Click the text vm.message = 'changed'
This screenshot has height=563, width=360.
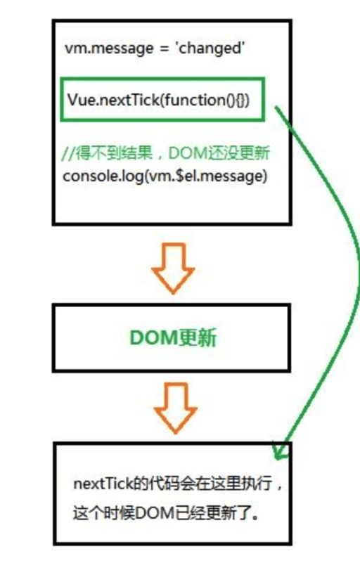pyautogui.click(x=155, y=48)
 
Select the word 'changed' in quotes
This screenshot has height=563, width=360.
pyautogui.click(x=210, y=48)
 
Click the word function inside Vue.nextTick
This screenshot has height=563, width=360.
pyautogui.click(x=195, y=100)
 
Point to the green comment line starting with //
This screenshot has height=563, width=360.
pyautogui.click(x=166, y=153)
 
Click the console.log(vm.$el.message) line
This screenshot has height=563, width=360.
pyautogui.click(x=165, y=176)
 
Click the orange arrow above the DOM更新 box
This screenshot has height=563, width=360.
pyautogui.click(x=173, y=268)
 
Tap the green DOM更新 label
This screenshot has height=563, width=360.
pyautogui.click(x=173, y=338)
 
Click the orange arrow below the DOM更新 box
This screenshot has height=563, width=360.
pyautogui.click(x=175, y=408)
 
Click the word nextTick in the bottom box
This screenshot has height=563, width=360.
pyautogui.click(x=103, y=484)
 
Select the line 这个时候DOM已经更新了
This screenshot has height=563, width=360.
pyautogui.click(x=166, y=512)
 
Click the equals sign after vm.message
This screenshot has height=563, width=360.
pyautogui.click(x=164, y=48)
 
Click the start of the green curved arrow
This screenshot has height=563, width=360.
pyautogui.click(x=276, y=107)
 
